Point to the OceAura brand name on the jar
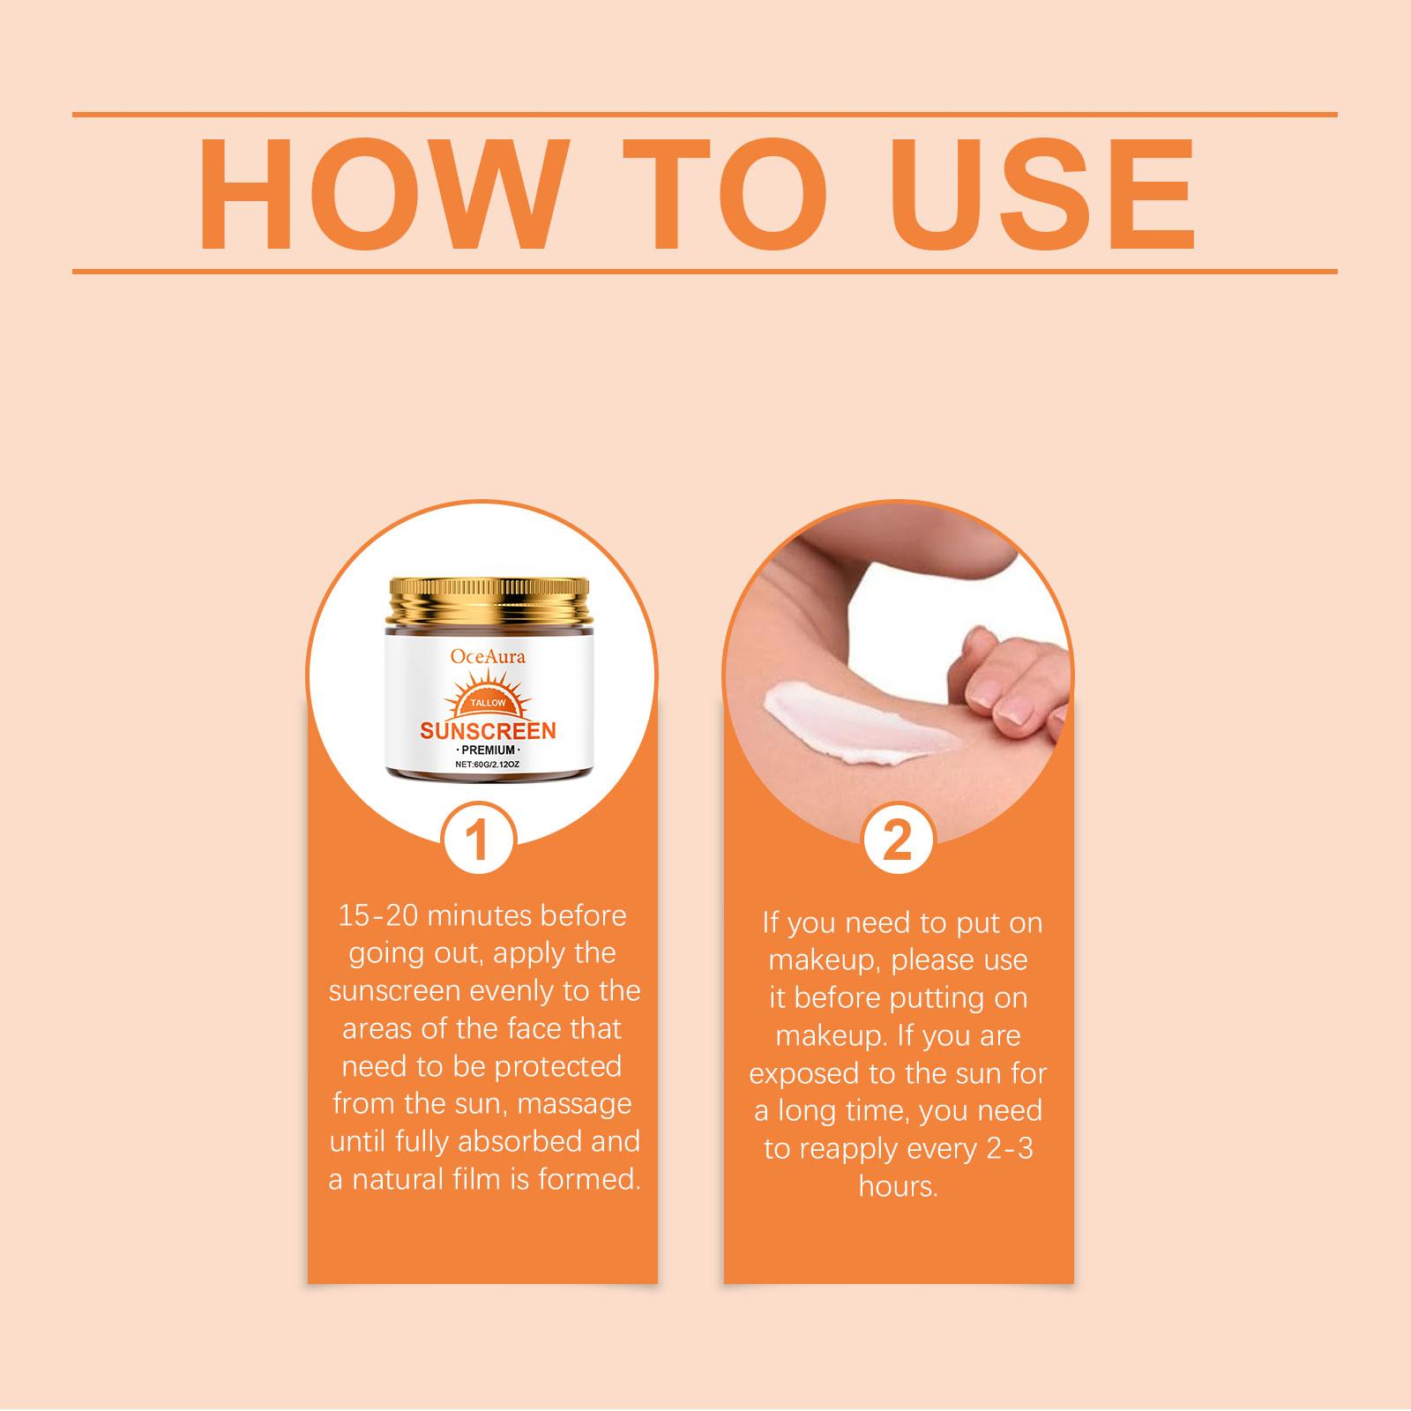488,655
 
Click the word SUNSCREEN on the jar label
488,731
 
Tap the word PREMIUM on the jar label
488,750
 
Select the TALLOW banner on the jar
488,703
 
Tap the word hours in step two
898,1187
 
